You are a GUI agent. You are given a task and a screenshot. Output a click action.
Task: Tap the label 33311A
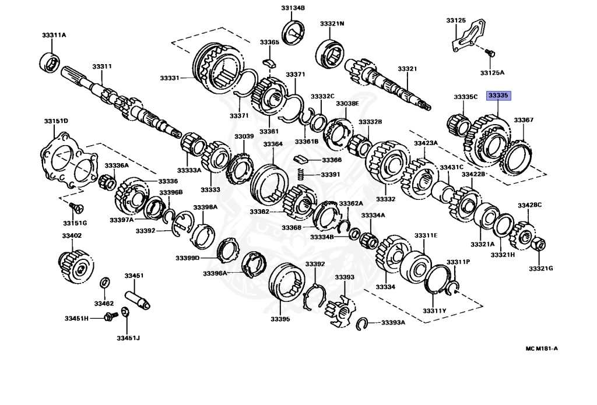(x=54, y=35)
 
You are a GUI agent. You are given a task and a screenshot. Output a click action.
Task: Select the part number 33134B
(x=293, y=8)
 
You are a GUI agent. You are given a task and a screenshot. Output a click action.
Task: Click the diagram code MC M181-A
(x=542, y=348)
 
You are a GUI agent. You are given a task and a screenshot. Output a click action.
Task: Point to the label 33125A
(x=492, y=73)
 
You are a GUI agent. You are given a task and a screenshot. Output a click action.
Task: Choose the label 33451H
(x=76, y=318)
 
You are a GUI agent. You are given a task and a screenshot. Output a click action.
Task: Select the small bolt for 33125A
(x=490, y=54)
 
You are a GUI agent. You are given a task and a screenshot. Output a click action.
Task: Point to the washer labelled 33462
(x=104, y=283)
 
